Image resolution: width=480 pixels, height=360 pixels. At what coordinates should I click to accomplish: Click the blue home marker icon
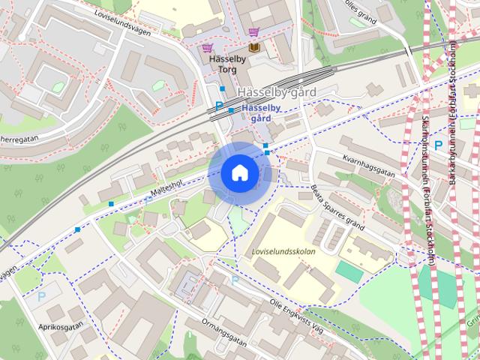(239, 173)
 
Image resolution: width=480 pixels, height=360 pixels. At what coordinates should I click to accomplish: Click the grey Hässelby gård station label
(275, 92)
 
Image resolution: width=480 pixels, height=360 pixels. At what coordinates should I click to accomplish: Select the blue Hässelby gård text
(260, 113)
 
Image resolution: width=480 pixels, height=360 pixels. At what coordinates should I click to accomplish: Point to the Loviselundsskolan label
(284, 251)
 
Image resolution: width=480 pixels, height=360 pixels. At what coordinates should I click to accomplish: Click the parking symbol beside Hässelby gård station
(219, 106)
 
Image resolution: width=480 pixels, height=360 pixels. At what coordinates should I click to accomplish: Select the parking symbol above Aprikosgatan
(41, 296)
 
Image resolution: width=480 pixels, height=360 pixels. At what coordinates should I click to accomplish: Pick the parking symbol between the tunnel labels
(438, 145)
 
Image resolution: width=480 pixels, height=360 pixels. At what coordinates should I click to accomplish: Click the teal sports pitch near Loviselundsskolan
(348, 271)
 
